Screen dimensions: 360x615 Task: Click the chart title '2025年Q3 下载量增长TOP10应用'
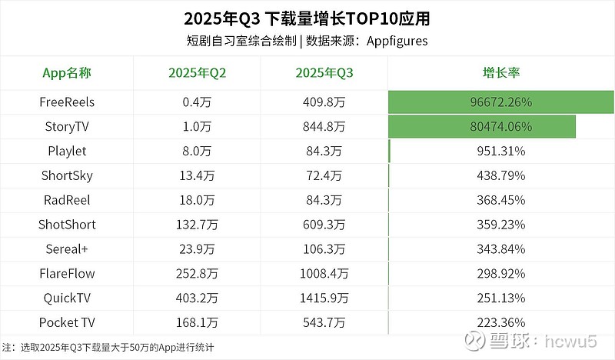pyautogui.click(x=307, y=18)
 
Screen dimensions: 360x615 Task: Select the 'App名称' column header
pyautogui.click(x=67, y=73)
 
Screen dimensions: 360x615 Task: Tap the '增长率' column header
pyautogui.click(x=501, y=73)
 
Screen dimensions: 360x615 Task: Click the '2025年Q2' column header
pyautogui.click(x=198, y=73)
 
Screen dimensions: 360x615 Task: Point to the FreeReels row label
pyautogui.click(x=67, y=102)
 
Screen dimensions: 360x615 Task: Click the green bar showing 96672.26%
pyautogui.click(x=501, y=102)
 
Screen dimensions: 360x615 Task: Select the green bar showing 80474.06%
pyautogui.click(x=483, y=126)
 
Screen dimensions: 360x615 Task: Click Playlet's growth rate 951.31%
pyautogui.click(x=501, y=151)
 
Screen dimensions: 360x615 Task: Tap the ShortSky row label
pyautogui.click(x=67, y=175)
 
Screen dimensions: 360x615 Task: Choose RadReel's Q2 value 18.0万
pyautogui.click(x=198, y=200)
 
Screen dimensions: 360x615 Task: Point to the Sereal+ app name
pyautogui.click(x=67, y=249)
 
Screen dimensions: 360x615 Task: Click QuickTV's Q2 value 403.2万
pyautogui.click(x=198, y=298)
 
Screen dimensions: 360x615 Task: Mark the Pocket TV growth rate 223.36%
pyautogui.click(x=501, y=323)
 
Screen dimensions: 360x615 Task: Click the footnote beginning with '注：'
pyautogui.click(x=108, y=348)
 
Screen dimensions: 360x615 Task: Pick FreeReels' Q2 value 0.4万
pyautogui.click(x=198, y=102)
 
